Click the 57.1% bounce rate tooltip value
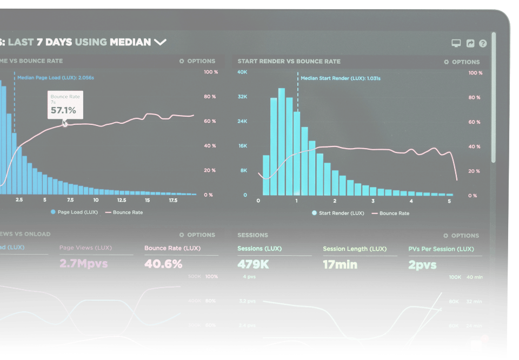point(63,111)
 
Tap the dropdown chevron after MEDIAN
point(160,42)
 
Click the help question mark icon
point(483,44)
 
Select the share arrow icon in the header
point(470,44)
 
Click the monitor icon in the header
point(456,44)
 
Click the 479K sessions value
point(252,265)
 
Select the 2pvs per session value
point(422,265)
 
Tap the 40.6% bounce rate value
point(163,264)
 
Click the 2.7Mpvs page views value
point(83,264)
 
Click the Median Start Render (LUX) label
point(341,78)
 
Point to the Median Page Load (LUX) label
point(56,78)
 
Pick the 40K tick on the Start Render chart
point(242,72)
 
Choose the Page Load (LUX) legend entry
point(77,212)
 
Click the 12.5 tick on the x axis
point(121,200)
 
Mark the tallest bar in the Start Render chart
point(281,142)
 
